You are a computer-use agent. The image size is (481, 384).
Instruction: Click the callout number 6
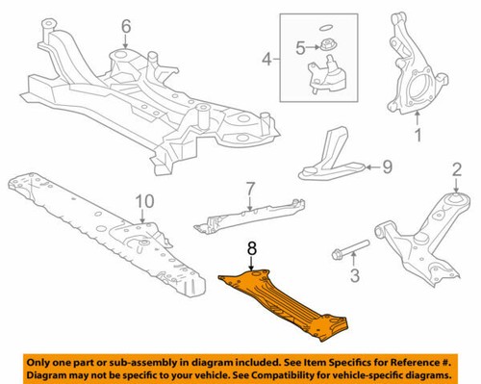(x=125, y=26)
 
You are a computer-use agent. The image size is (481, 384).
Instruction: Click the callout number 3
(x=353, y=279)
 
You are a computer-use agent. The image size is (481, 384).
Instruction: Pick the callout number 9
(x=388, y=166)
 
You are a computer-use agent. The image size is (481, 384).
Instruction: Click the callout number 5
(x=300, y=45)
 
